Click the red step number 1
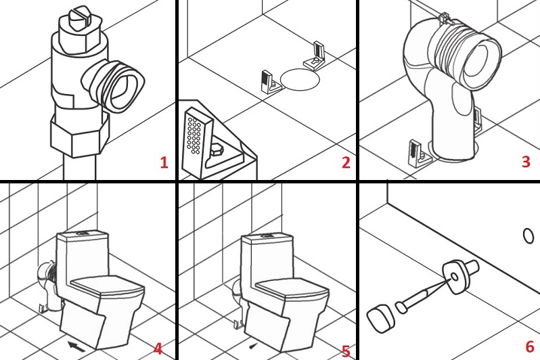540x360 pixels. tap(163, 162)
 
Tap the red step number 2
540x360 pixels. tap(345, 162)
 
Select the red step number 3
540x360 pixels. tap(525, 162)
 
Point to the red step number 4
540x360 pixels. tap(158, 348)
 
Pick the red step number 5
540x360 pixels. tap(346, 350)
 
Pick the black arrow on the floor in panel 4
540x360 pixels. tap(77, 346)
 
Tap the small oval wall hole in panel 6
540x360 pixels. tap(528, 235)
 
